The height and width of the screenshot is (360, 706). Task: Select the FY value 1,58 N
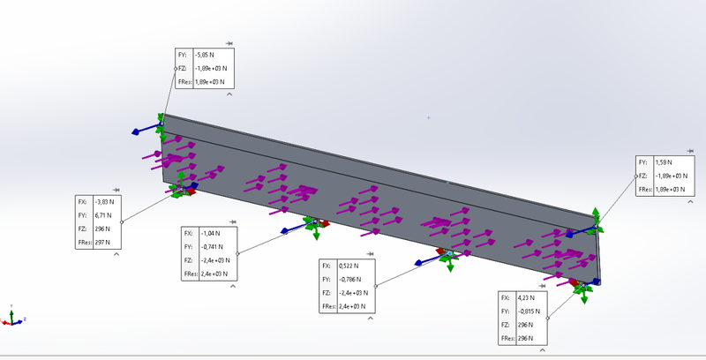coord(663,162)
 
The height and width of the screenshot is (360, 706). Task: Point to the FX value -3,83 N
coord(105,201)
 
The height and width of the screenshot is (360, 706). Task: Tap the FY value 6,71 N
coord(103,214)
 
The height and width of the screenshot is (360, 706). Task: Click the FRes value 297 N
coord(102,242)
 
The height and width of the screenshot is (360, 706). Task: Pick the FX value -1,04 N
coord(209,233)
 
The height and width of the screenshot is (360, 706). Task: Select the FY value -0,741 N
coord(212,246)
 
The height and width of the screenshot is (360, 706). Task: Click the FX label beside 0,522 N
coord(326,266)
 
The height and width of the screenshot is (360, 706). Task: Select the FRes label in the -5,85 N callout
coord(184,82)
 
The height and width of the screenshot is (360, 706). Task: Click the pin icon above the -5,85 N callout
coord(229,43)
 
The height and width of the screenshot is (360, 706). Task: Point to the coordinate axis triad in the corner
coord(11,315)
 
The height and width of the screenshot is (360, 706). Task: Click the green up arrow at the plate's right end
coord(597,214)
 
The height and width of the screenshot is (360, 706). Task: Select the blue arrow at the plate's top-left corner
coord(139,131)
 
